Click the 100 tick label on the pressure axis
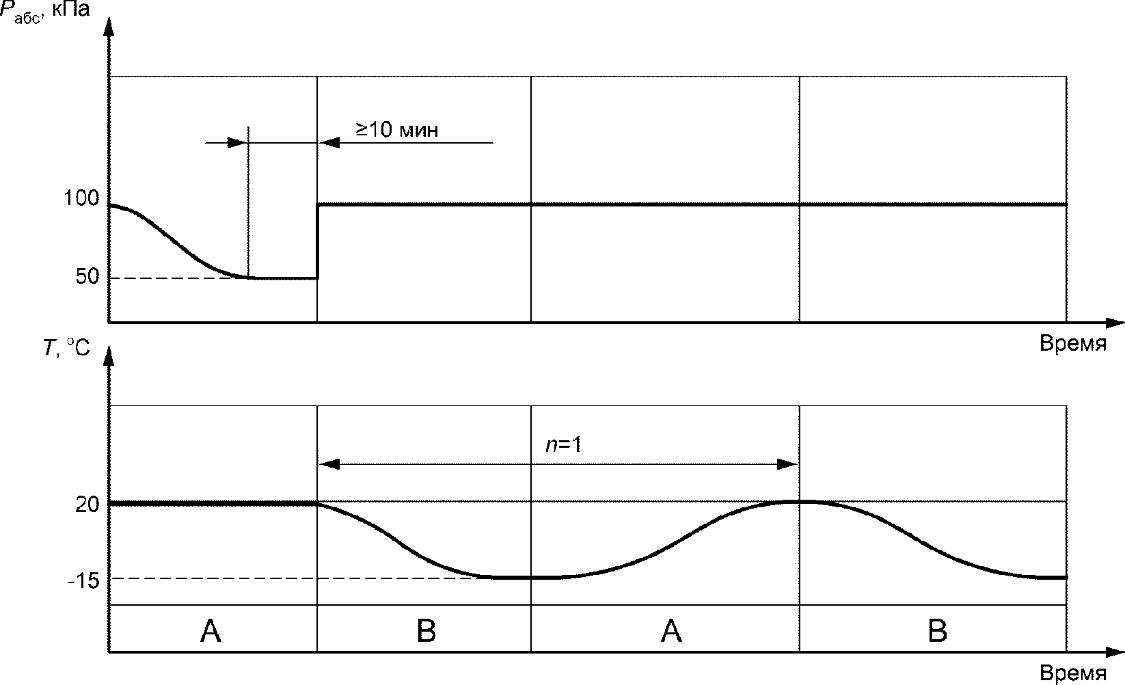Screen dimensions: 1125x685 point(81,198)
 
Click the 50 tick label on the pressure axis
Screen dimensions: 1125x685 point(87,276)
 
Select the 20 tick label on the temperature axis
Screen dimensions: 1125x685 point(87,505)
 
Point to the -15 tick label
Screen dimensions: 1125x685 point(83,581)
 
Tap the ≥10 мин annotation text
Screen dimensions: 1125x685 point(397,130)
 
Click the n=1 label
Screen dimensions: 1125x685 point(563,444)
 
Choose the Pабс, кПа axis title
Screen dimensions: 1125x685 point(44,11)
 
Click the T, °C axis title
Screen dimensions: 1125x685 point(66,347)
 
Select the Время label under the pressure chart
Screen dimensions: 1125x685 point(1073,343)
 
